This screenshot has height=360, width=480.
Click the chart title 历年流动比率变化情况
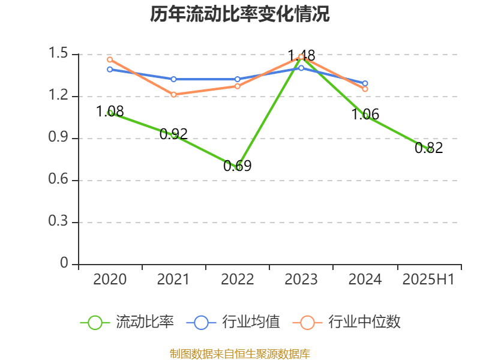(240, 14)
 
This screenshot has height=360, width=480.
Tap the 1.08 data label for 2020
(110, 111)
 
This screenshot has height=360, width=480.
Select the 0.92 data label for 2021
(173, 134)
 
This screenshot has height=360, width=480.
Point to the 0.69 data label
(237, 166)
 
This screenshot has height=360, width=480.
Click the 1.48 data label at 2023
(301, 55)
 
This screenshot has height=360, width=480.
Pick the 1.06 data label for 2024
(365, 114)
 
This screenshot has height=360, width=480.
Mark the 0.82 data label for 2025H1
(428, 148)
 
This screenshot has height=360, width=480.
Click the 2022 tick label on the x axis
(237, 279)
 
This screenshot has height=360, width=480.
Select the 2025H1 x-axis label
(428, 279)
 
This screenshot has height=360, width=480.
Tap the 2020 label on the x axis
(110, 279)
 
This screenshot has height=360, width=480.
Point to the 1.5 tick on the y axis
(59, 54)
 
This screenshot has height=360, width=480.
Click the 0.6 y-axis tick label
(59, 180)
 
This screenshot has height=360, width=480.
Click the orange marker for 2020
(110, 59)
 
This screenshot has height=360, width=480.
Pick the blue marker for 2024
(365, 83)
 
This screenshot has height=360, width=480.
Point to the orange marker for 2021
(173, 94)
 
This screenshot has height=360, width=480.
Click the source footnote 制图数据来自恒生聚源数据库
(240, 354)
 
